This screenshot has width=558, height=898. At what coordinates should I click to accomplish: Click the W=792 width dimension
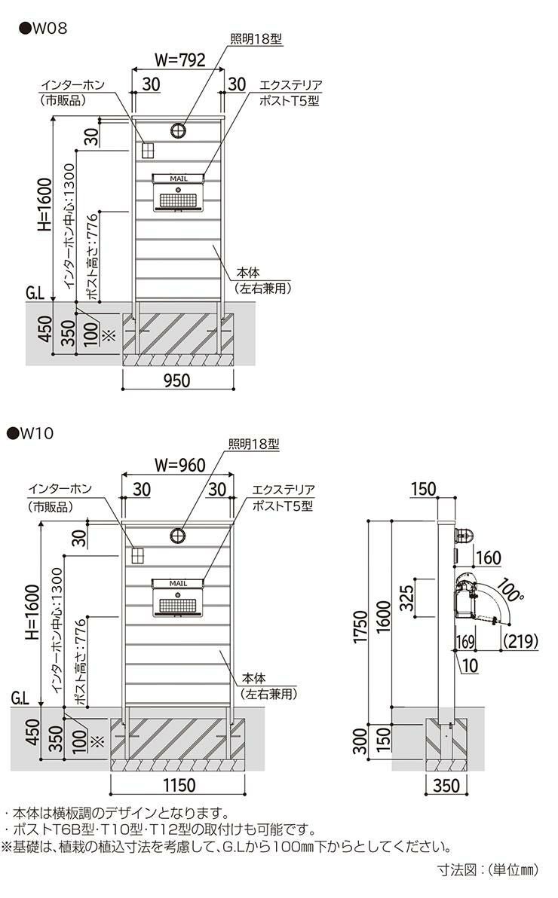pos(179,61)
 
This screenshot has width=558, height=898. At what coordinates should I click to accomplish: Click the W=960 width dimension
pos(179,465)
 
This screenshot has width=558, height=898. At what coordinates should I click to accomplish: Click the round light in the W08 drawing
pos(180,131)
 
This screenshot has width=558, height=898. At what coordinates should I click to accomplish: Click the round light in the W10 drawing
pos(180,536)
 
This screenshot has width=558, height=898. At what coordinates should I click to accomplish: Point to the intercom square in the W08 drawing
pos(147,149)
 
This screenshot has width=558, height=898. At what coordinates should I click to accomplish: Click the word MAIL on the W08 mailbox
pos(179,179)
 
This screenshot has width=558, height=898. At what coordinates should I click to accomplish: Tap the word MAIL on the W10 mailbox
pos(179,583)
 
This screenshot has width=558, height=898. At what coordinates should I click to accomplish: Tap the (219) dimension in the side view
pos(520,641)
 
